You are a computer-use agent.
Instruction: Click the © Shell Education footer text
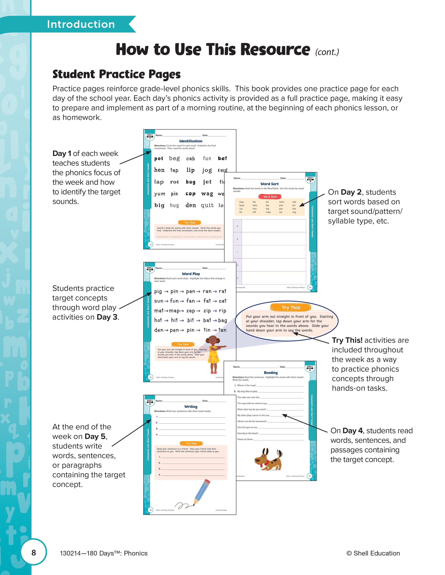[373, 553]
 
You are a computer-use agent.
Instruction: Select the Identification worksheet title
[191, 141]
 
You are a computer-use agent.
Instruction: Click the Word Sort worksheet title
[269, 184]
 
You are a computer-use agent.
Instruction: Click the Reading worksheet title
[270, 373]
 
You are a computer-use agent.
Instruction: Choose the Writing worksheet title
[191, 407]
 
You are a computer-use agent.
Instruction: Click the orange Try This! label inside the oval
[291, 308]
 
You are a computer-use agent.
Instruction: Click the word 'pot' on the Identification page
[159, 159]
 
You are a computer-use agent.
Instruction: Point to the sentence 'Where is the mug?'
[246, 385]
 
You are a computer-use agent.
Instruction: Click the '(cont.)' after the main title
[327, 52]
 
